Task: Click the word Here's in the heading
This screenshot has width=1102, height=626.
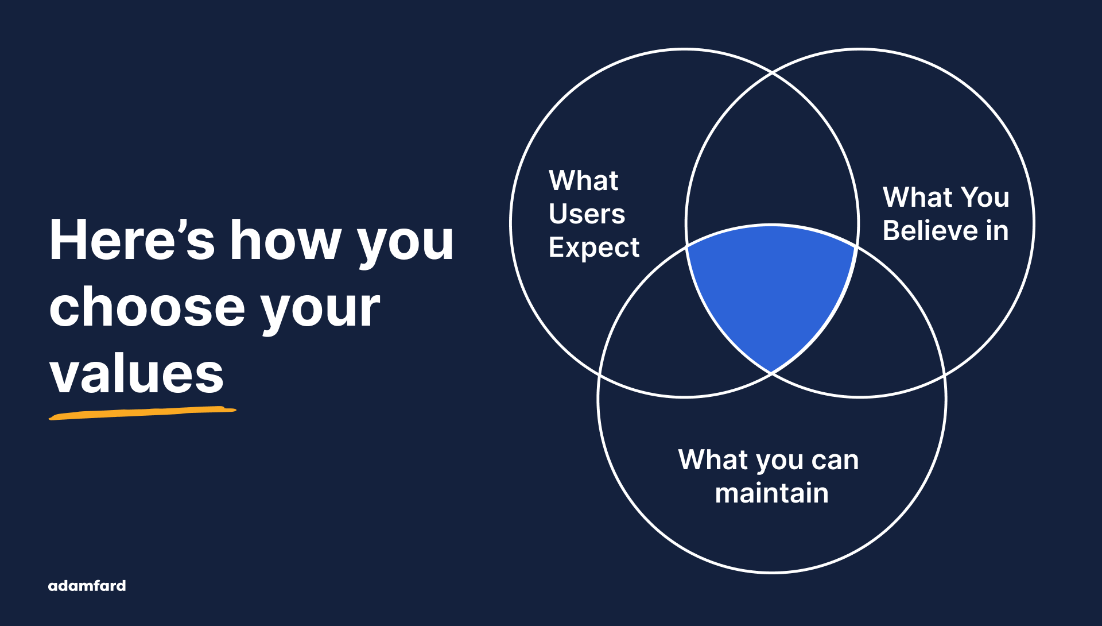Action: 131,240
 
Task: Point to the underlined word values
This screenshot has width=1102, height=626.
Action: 136,374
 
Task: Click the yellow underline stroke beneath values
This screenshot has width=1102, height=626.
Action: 142,413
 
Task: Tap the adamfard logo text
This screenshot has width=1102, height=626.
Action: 87,586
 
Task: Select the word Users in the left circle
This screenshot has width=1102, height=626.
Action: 587,214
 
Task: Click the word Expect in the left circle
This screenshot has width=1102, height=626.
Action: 593,248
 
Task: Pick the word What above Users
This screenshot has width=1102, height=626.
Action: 583,180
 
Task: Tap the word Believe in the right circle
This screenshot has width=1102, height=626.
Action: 930,231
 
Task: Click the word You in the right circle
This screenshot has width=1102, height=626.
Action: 985,197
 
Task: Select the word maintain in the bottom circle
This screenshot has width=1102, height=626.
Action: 771,493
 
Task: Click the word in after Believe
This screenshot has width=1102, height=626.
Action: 997,231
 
